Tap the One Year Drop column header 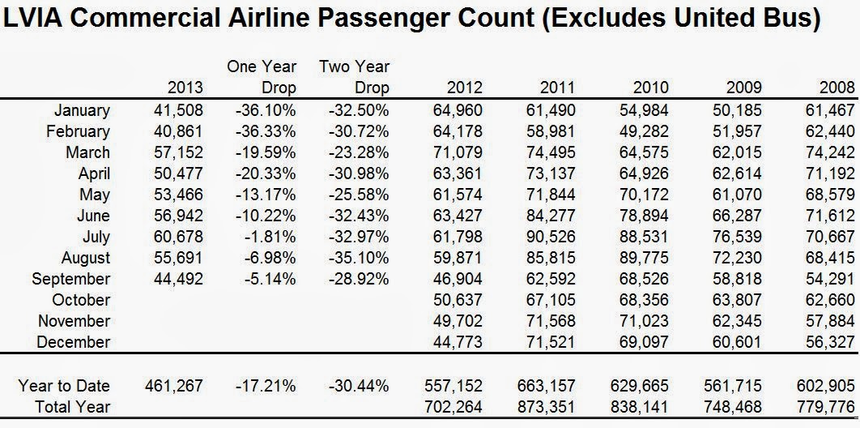pyautogui.click(x=262, y=77)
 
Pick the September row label pyautogui.click(x=70, y=279)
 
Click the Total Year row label pyautogui.click(x=72, y=406)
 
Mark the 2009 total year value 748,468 pyautogui.click(x=737, y=406)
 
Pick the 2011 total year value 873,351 pyautogui.click(x=551, y=406)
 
